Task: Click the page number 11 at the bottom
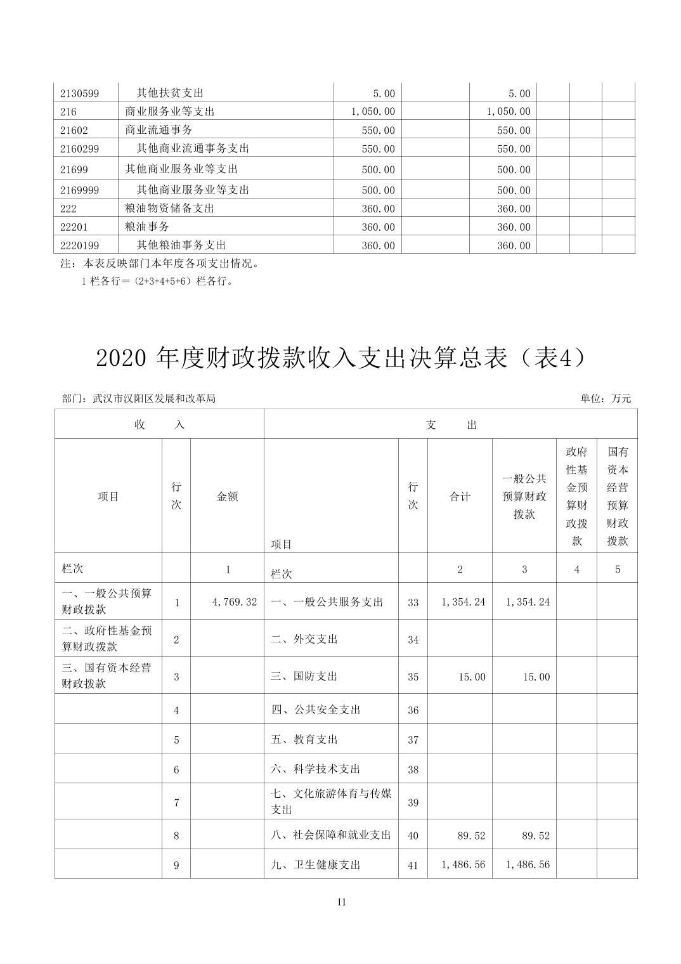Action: tap(341, 902)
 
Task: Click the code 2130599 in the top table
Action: tap(79, 93)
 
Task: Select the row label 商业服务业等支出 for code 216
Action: tap(170, 112)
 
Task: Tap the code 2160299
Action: tap(79, 149)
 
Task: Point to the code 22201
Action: tap(74, 227)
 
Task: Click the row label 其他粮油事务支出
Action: tap(181, 245)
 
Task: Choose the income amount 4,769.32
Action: tap(235, 602)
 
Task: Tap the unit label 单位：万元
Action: tap(606, 399)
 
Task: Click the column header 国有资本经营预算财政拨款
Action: tap(617, 496)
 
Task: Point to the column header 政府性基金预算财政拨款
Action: tap(576, 496)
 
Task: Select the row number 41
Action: tap(413, 865)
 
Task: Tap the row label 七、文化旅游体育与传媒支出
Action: tap(331, 802)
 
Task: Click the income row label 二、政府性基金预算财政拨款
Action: tap(107, 639)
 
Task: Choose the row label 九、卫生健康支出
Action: tap(316, 864)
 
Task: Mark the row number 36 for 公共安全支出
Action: tap(413, 710)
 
